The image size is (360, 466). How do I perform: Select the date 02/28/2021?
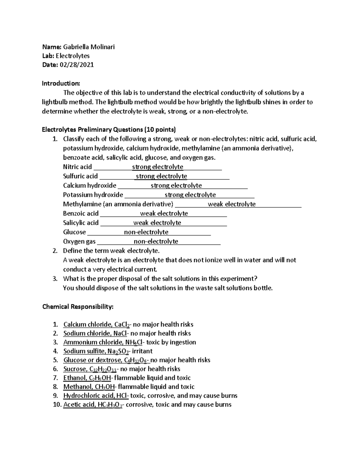77,65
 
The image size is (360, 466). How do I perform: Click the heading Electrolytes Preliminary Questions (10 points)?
109,130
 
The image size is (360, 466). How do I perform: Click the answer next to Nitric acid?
157,167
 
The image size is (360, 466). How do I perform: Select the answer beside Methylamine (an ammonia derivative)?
232,204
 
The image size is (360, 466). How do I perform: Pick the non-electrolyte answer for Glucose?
146,232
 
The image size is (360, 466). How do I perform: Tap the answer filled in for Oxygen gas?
156,241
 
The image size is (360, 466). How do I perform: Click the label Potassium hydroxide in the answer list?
93,195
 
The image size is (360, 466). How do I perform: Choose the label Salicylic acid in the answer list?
81,223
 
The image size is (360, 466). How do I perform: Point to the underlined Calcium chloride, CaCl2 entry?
97,324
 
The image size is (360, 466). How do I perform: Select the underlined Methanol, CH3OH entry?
89,387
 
